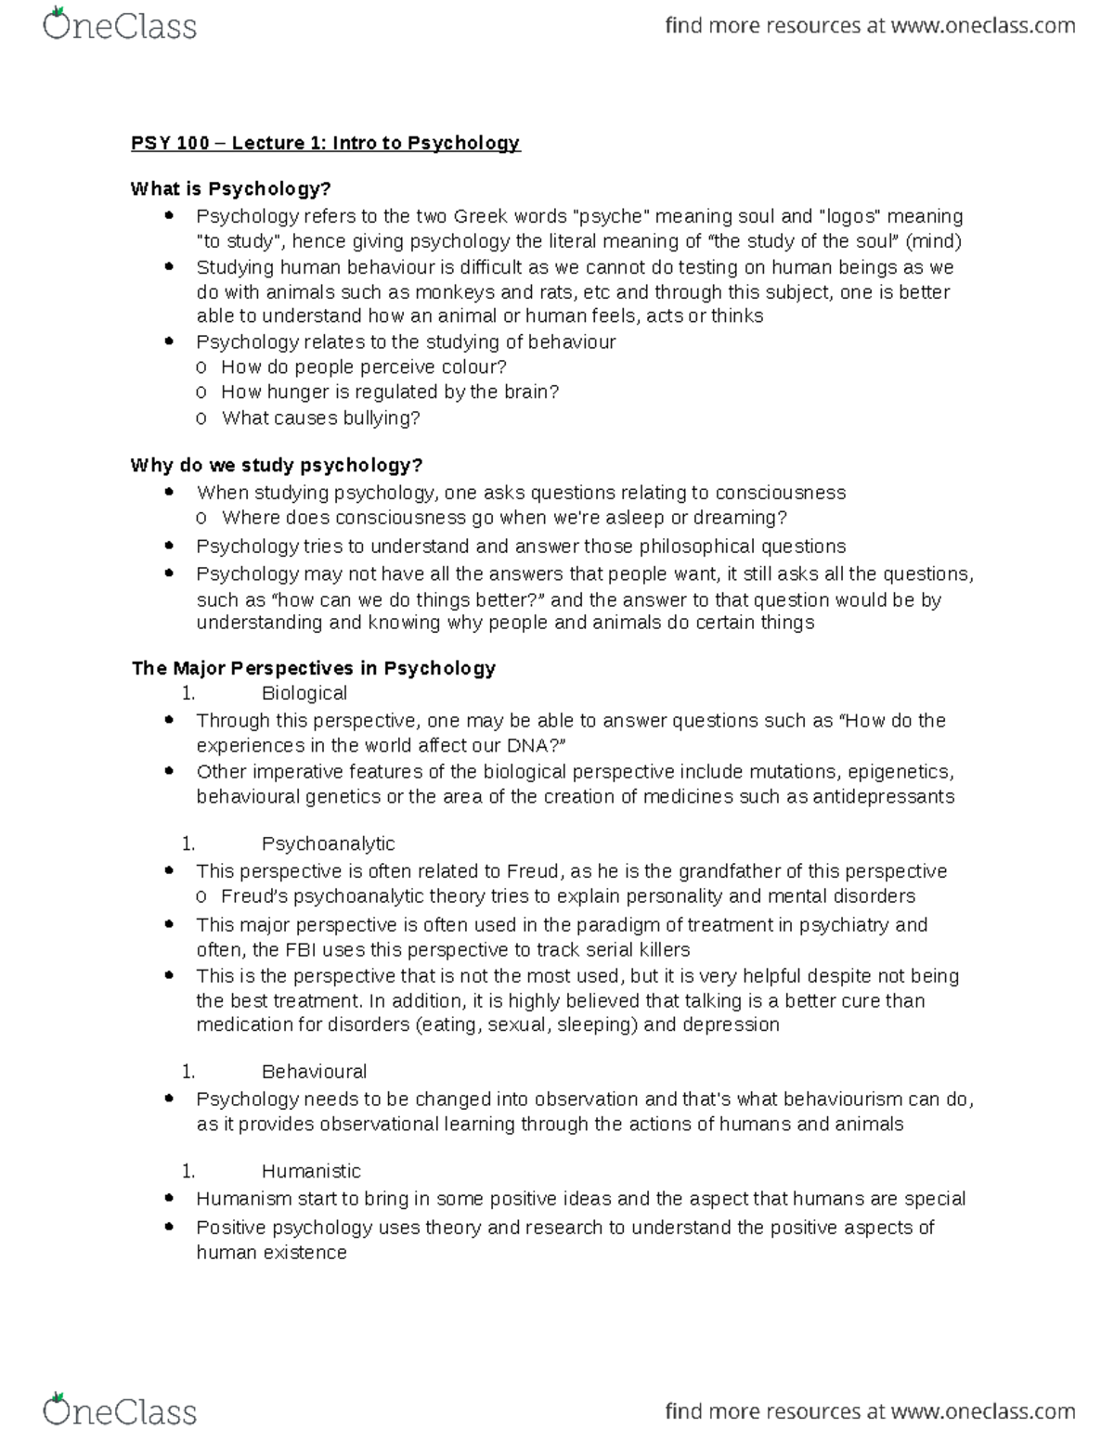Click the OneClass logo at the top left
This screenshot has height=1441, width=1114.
(120, 25)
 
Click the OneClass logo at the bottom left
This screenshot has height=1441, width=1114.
(120, 1410)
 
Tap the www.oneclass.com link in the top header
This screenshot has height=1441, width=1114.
(982, 26)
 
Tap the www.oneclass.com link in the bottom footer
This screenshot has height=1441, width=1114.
(982, 1411)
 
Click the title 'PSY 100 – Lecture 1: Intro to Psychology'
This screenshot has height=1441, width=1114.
(325, 143)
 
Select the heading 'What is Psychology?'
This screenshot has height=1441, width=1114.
(230, 189)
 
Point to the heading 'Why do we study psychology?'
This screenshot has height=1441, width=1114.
(277, 465)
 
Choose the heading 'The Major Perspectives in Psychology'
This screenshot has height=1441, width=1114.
(313, 668)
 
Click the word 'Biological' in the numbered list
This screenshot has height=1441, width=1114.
(304, 693)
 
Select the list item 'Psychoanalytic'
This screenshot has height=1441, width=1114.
(328, 843)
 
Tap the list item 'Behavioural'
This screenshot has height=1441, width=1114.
(314, 1072)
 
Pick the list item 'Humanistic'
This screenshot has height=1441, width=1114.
(311, 1171)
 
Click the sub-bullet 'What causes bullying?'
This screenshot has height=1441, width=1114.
(320, 418)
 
